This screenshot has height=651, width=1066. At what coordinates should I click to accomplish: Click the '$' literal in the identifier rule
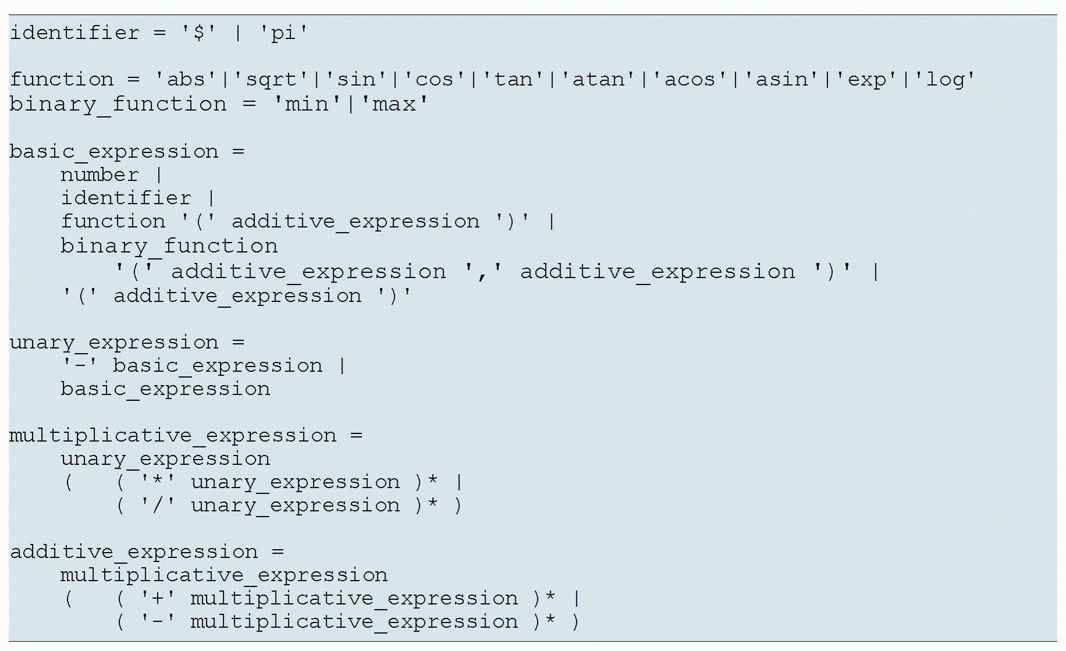click(199, 33)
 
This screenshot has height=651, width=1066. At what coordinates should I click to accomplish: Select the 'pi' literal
click(283, 33)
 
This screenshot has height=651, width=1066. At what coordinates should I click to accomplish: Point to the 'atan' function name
click(598, 79)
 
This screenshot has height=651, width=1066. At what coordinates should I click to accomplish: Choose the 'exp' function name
click(867, 79)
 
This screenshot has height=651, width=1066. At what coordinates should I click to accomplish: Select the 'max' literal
click(394, 104)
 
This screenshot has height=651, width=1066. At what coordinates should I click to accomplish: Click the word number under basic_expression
click(100, 175)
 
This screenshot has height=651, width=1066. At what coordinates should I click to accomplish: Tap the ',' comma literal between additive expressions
click(483, 272)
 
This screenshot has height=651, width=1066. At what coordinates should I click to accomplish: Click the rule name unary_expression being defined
click(114, 343)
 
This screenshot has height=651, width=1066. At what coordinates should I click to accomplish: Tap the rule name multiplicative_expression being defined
click(173, 436)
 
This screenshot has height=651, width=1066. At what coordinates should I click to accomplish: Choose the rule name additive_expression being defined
click(134, 552)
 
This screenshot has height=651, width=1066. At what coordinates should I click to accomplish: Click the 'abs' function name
click(186, 79)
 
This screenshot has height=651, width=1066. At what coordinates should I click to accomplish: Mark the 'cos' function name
click(434, 79)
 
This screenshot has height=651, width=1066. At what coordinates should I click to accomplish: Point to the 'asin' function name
click(782, 79)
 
